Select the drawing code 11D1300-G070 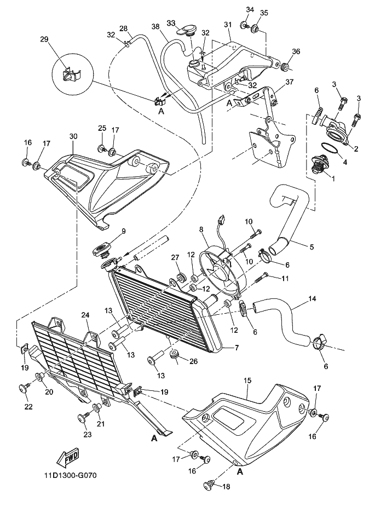(71, 476)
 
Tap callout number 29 (44, 39)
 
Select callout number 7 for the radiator (237, 348)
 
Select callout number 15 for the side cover (247, 381)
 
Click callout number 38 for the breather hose (156, 26)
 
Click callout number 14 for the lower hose (312, 299)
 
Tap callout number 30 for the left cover (73, 136)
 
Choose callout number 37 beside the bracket (290, 82)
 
